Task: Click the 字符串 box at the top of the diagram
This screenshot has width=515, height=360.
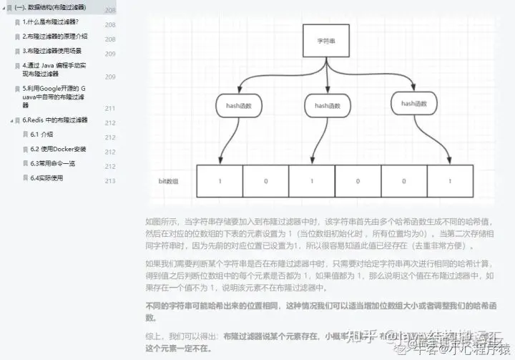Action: pyautogui.click(x=326, y=41)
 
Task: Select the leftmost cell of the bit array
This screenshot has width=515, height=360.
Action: pyautogui.click(x=220, y=181)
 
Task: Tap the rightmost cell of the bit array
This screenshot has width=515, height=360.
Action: pyautogui.click(x=450, y=181)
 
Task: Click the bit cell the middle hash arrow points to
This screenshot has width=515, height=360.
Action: pyautogui.click(x=312, y=181)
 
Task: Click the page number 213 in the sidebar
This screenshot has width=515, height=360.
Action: pyautogui.click(x=110, y=180)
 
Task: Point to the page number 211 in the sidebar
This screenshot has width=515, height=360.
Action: pyautogui.click(x=110, y=108)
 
